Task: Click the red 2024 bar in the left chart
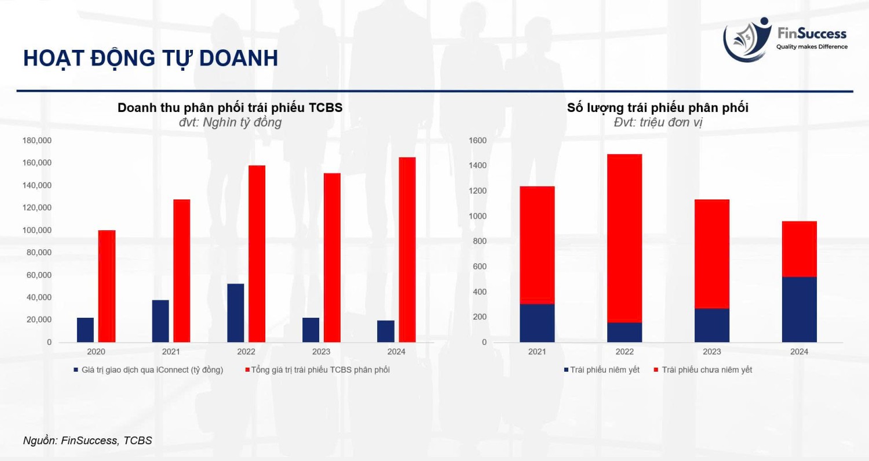click(x=407, y=250)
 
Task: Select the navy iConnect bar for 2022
click(x=235, y=313)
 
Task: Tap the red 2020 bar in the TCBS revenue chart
click(x=107, y=286)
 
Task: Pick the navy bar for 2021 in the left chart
click(x=160, y=321)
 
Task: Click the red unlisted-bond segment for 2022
click(x=625, y=238)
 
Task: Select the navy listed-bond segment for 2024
click(x=799, y=310)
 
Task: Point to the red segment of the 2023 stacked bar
click(x=712, y=254)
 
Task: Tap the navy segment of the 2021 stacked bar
click(x=537, y=323)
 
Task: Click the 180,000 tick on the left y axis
click(x=37, y=140)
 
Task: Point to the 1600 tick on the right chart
click(x=477, y=140)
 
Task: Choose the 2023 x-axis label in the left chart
click(x=321, y=352)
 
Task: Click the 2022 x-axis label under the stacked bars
click(x=625, y=352)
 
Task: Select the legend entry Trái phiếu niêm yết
click(x=602, y=370)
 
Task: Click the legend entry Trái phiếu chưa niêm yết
click(x=703, y=370)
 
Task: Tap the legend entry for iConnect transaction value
click(x=148, y=370)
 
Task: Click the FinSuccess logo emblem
click(x=747, y=39)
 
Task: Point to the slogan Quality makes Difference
click(x=812, y=46)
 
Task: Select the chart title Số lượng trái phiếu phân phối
click(x=658, y=108)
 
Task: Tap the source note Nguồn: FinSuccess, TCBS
click(x=87, y=441)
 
